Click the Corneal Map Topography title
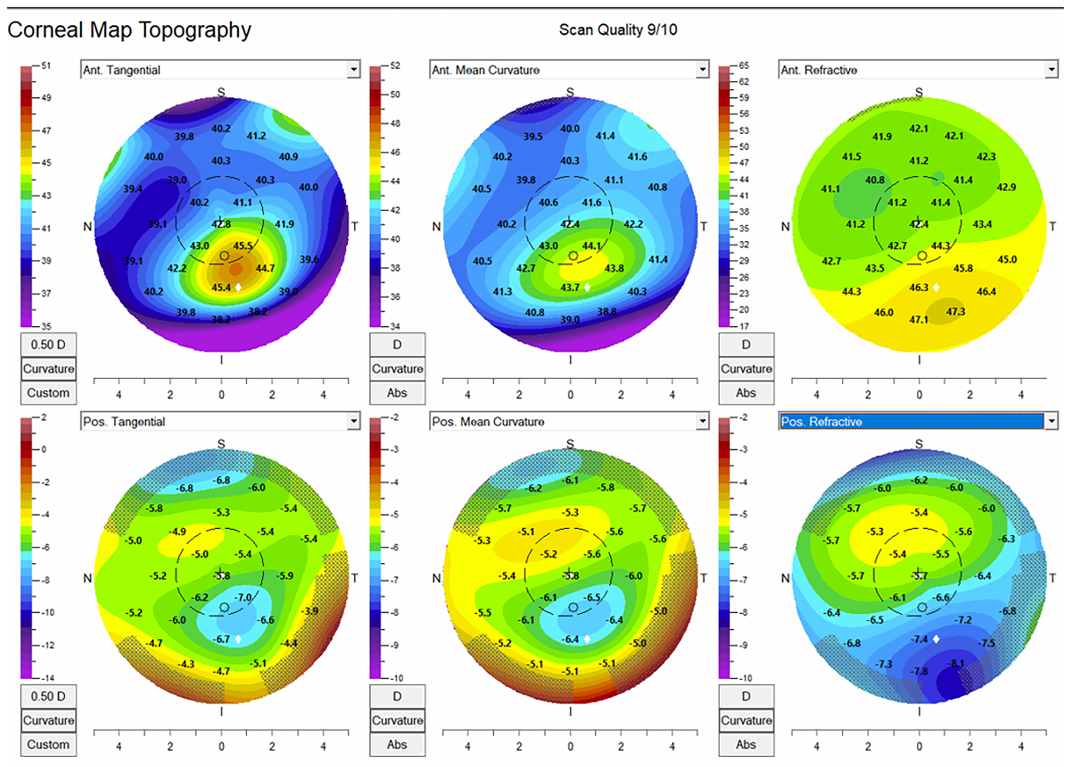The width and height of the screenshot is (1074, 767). [x=129, y=30]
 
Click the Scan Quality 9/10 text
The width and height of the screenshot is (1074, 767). [x=617, y=30]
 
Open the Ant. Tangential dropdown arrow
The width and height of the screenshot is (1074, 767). [x=354, y=70]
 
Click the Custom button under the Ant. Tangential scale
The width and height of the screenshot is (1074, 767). [x=48, y=393]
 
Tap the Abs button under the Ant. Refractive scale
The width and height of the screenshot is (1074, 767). [x=746, y=393]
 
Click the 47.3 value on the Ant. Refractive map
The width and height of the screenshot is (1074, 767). [x=955, y=312]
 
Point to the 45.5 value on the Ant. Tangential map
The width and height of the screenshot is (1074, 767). [x=243, y=246]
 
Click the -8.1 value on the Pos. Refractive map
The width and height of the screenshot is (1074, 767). [x=956, y=664]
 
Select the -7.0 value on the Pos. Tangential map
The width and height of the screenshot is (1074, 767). [x=244, y=597]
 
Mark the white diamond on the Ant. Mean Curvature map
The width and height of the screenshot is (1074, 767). [x=587, y=287]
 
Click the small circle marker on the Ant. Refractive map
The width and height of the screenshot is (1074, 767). [x=922, y=256]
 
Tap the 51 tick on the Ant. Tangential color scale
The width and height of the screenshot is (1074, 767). [x=46, y=66]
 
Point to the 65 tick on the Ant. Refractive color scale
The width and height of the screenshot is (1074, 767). [x=744, y=66]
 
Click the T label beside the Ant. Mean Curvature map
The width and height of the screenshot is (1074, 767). [x=703, y=227]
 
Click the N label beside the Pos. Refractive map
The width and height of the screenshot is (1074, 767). [x=785, y=578]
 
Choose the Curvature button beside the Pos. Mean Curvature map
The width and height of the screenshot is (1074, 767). [x=397, y=720]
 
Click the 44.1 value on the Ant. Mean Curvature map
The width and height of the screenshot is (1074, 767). [x=592, y=246]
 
